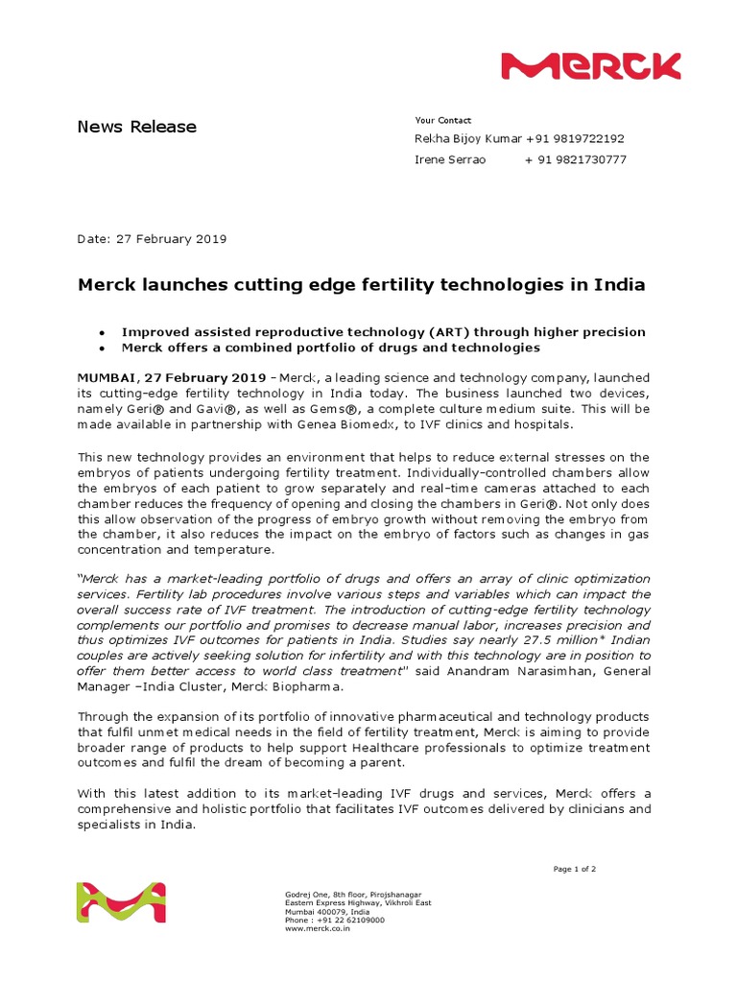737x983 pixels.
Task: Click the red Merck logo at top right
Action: [x=590, y=66]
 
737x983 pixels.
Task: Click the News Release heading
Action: [x=137, y=127]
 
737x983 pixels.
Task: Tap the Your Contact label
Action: [x=442, y=120]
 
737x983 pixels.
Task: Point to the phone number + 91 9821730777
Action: [x=575, y=160]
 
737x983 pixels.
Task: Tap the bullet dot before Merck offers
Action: [x=102, y=348]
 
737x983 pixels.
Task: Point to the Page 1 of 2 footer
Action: [x=575, y=869]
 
